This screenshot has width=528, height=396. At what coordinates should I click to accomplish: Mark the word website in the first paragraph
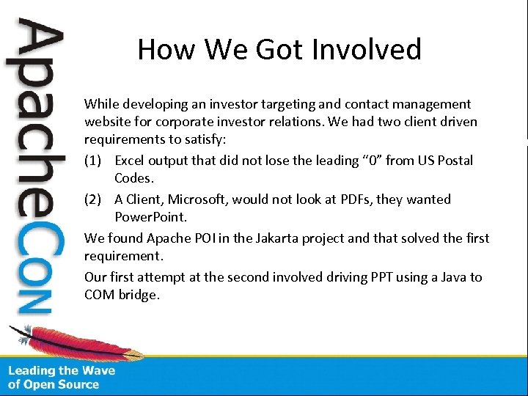109,121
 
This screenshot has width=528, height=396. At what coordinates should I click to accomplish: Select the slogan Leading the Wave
62,371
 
